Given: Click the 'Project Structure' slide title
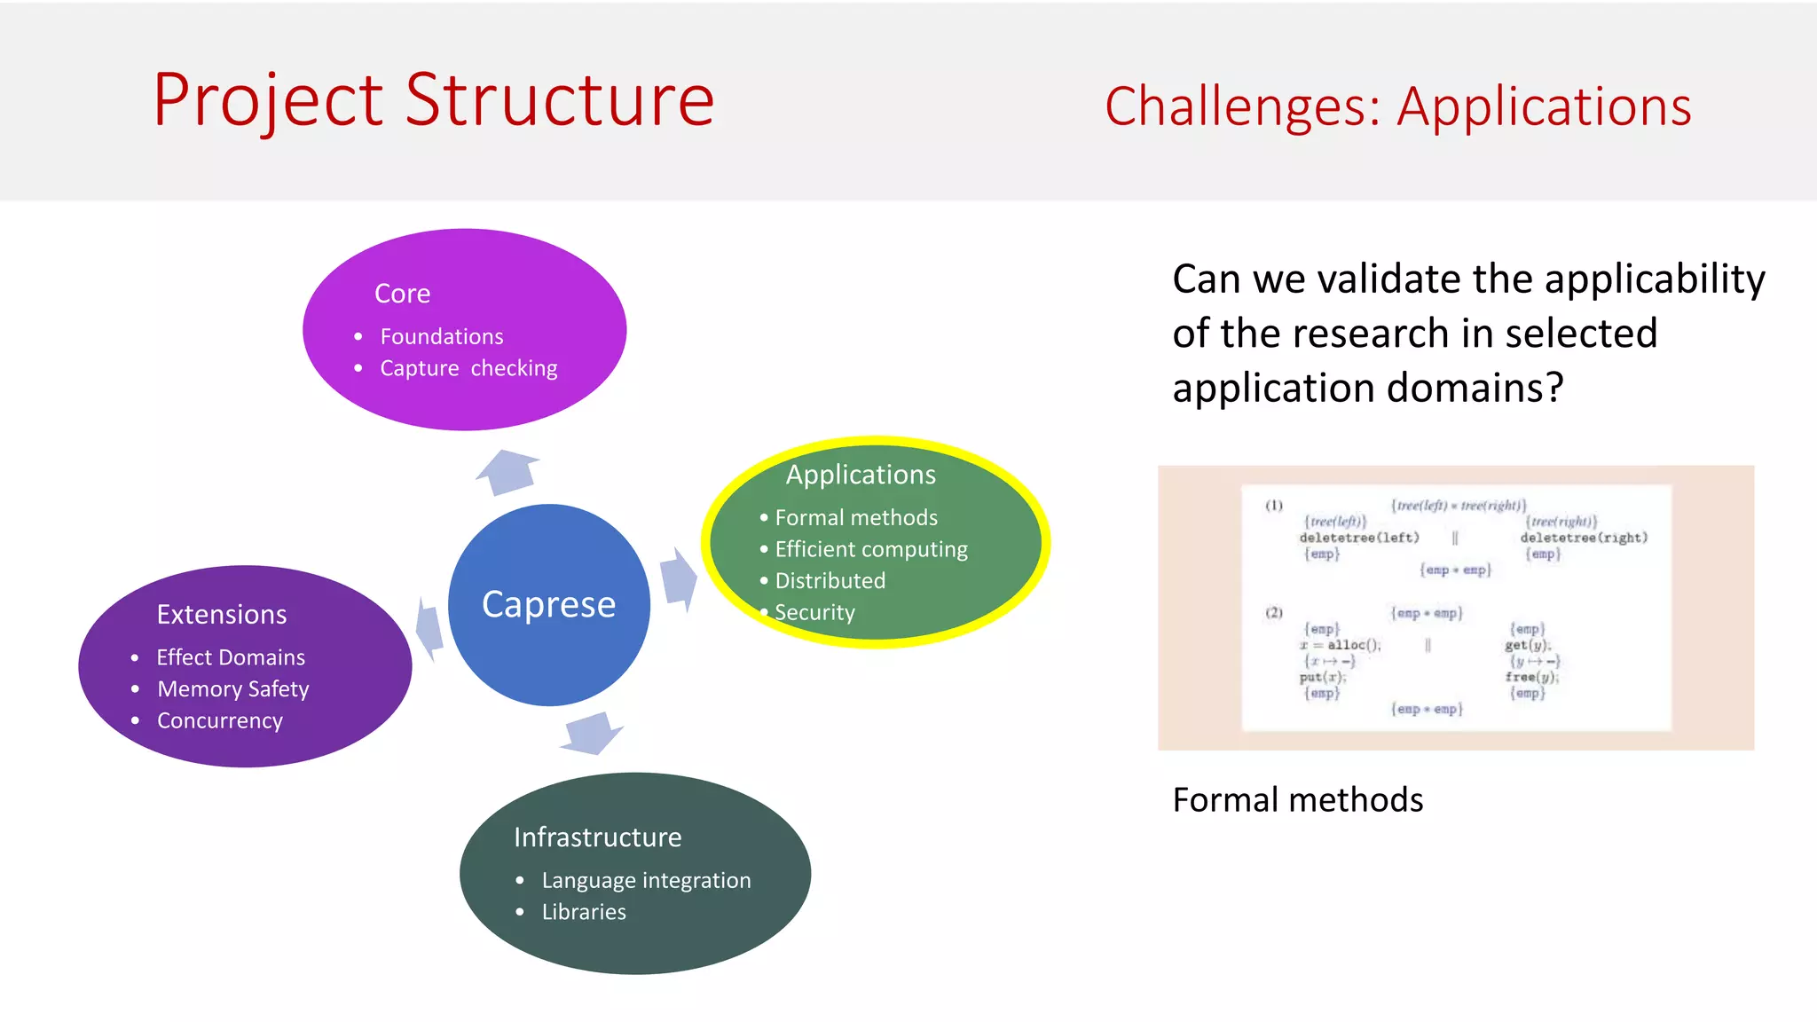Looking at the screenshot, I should pyautogui.click(x=433, y=100).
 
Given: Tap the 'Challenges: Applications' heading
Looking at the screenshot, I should pyautogui.click(x=1397, y=106).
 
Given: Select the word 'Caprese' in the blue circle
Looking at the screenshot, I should pyautogui.click(x=548, y=604).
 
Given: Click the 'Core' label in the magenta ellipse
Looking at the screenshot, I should pyautogui.click(x=402, y=294).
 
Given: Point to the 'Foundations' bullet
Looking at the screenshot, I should pyautogui.click(x=441, y=337).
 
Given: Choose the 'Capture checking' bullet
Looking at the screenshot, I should pyautogui.click(x=468, y=368).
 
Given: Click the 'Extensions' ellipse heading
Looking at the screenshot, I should pyautogui.click(x=222, y=615).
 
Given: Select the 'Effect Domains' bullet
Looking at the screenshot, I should pyautogui.click(x=231, y=657).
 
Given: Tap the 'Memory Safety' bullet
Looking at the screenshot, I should pyautogui.click(x=233, y=689).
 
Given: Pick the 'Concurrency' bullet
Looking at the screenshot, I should pyautogui.click(x=220, y=720).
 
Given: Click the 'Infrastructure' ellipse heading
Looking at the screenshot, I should pyautogui.click(x=597, y=837).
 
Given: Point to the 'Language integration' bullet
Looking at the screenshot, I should pyautogui.click(x=646, y=880).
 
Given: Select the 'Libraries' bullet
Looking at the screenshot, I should pyautogui.click(x=584, y=912).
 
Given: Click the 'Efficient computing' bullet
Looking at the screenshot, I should pyautogui.click(x=871, y=549).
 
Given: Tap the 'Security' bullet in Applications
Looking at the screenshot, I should pyautogui.click(x=814, y=612).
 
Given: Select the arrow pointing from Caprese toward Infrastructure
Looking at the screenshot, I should pyautogui.click(x=592, y=733).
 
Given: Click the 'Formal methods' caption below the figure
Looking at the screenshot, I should pyautogui.click(x=1297, y=800).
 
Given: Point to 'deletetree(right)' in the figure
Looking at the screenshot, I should pyautogui.click(x=1584, y=538).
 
